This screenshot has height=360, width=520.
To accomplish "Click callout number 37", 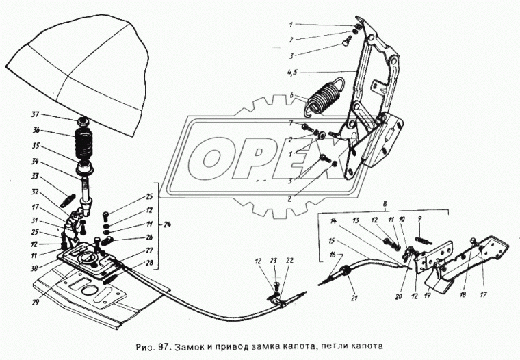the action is point(35,115).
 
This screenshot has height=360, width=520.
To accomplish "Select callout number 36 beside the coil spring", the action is point(35,131).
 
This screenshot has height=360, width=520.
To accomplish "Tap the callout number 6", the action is point(291,95).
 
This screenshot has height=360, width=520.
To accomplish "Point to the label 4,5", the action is point(291,73).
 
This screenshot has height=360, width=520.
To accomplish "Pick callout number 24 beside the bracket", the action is point(168,225).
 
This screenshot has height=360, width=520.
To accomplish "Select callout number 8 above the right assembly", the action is point(385,203).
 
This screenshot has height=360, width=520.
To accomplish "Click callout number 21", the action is point(354,298).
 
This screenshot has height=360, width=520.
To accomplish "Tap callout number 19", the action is point(427,294).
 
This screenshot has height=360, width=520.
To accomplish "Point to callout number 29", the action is point(36,303).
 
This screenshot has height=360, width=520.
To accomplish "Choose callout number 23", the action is point(273,261).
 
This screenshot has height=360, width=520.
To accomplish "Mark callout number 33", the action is point(34,177).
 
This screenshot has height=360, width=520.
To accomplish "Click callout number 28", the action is point(149,263).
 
